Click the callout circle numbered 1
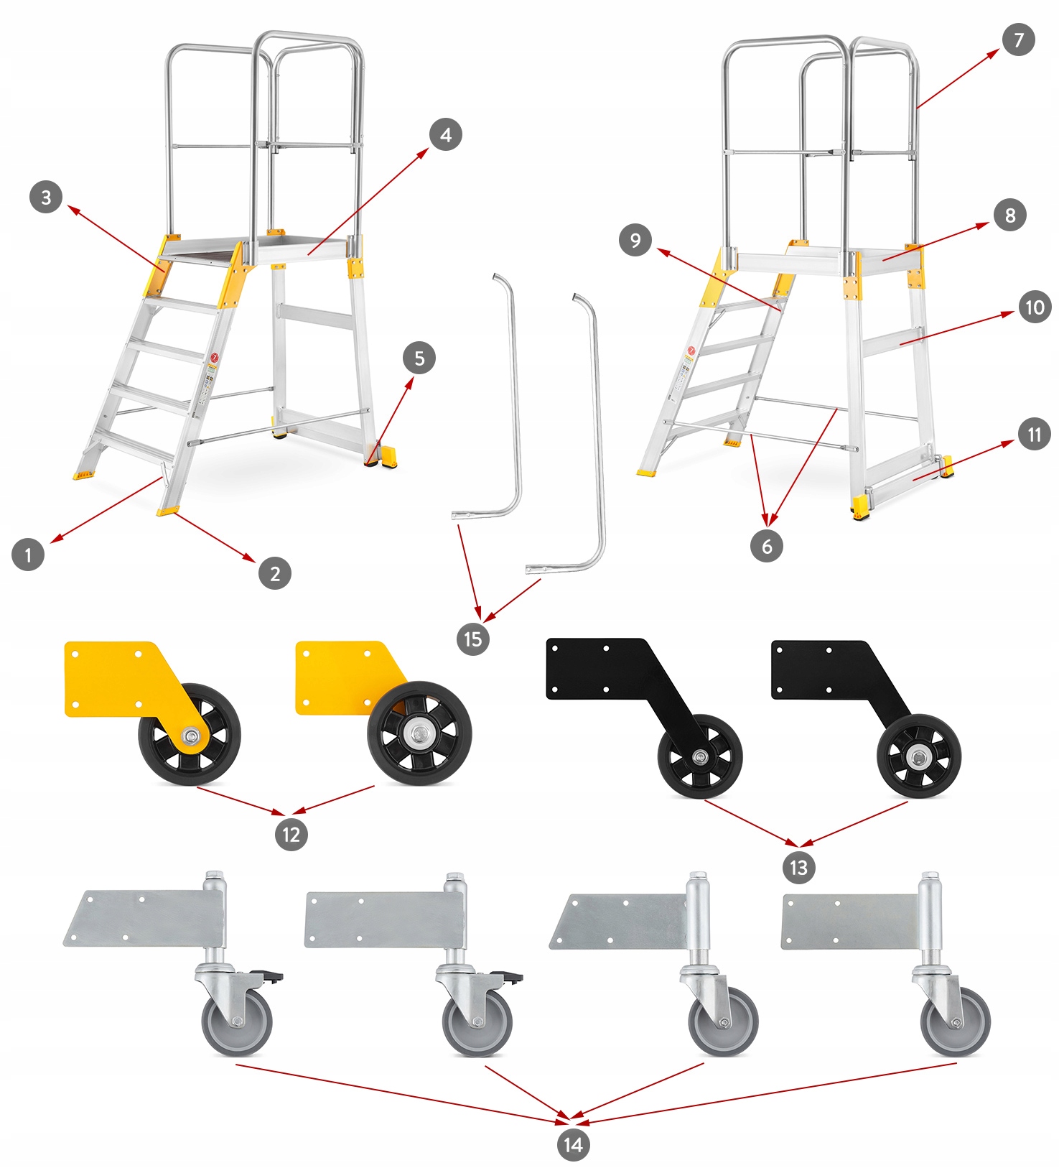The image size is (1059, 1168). (28, 555)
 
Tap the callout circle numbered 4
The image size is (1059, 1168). (446, 134)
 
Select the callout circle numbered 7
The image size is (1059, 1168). (1019, 40)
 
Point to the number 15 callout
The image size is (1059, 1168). (472, 639)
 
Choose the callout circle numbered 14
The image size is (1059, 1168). (573, 1144)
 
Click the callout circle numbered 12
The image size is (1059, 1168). (291, 834)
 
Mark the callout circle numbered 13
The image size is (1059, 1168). (798, 867)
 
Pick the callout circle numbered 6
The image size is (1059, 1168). (766, 546)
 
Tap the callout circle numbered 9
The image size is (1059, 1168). (635, 240)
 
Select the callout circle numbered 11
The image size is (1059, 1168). (1034, 435)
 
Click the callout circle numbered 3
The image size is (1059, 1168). (46, 197)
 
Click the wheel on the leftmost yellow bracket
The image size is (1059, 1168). (190, 735)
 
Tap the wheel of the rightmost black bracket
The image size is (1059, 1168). (918, 757)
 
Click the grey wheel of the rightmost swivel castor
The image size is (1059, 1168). (956, 1021)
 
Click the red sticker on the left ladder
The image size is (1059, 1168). (213, 358)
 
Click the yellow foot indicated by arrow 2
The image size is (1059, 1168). (168, 511)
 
